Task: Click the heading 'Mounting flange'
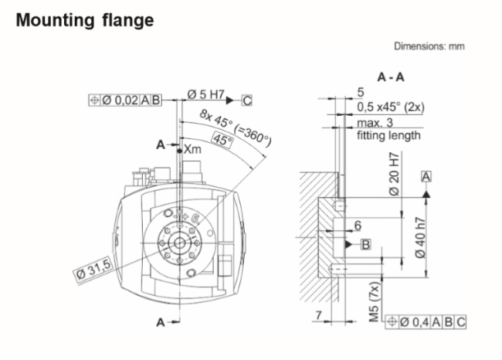[x=85, y=20]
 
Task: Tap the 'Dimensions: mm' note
[x=429, y=46]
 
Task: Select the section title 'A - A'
[x=391, y=77]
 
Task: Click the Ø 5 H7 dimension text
[x=206, y=94]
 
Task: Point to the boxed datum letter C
[x=247, y=100]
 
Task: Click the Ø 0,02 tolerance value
[x=120, y=100]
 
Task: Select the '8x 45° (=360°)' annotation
[x=236, y=127]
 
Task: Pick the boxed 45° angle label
[x=223, y=141]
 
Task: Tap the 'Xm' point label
[x=192, y=149]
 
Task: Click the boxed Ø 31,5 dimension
[x=93, y=270]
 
